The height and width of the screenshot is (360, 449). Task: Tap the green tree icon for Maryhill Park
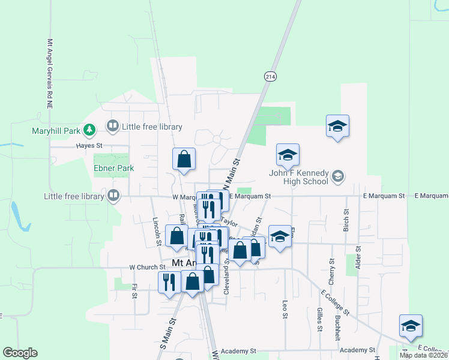tap(89, 130)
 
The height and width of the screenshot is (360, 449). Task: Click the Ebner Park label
tap(113, 169)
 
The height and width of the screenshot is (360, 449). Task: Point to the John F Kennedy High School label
tap(298, 178)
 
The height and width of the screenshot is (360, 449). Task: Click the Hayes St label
tap(89, 146)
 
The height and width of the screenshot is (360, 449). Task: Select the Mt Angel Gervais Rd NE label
tap(49, 74)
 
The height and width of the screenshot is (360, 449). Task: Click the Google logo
tap(20, 353)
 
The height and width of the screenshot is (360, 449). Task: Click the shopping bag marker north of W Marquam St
tap(184, 160)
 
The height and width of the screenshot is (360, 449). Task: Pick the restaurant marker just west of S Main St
tap(169, 282)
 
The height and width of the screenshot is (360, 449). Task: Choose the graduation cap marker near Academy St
tap(411, 326)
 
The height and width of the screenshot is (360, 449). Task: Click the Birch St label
tap(346, 221)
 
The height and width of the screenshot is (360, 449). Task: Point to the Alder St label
tap(358, 256)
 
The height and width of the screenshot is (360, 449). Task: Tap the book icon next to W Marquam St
tap(112, 195)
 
